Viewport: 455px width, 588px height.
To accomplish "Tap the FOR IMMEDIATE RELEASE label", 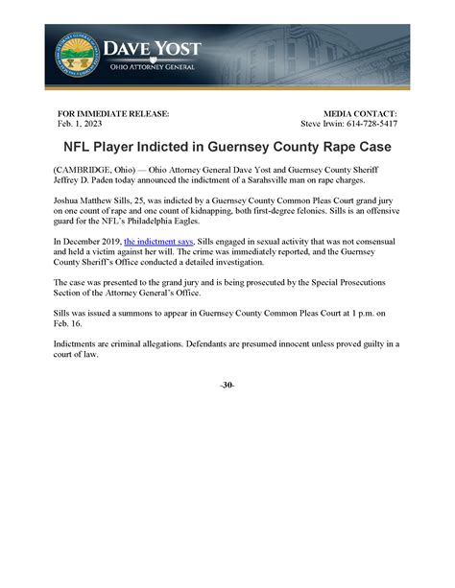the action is point(113,113).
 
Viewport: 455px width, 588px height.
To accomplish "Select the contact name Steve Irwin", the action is point(324,124).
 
